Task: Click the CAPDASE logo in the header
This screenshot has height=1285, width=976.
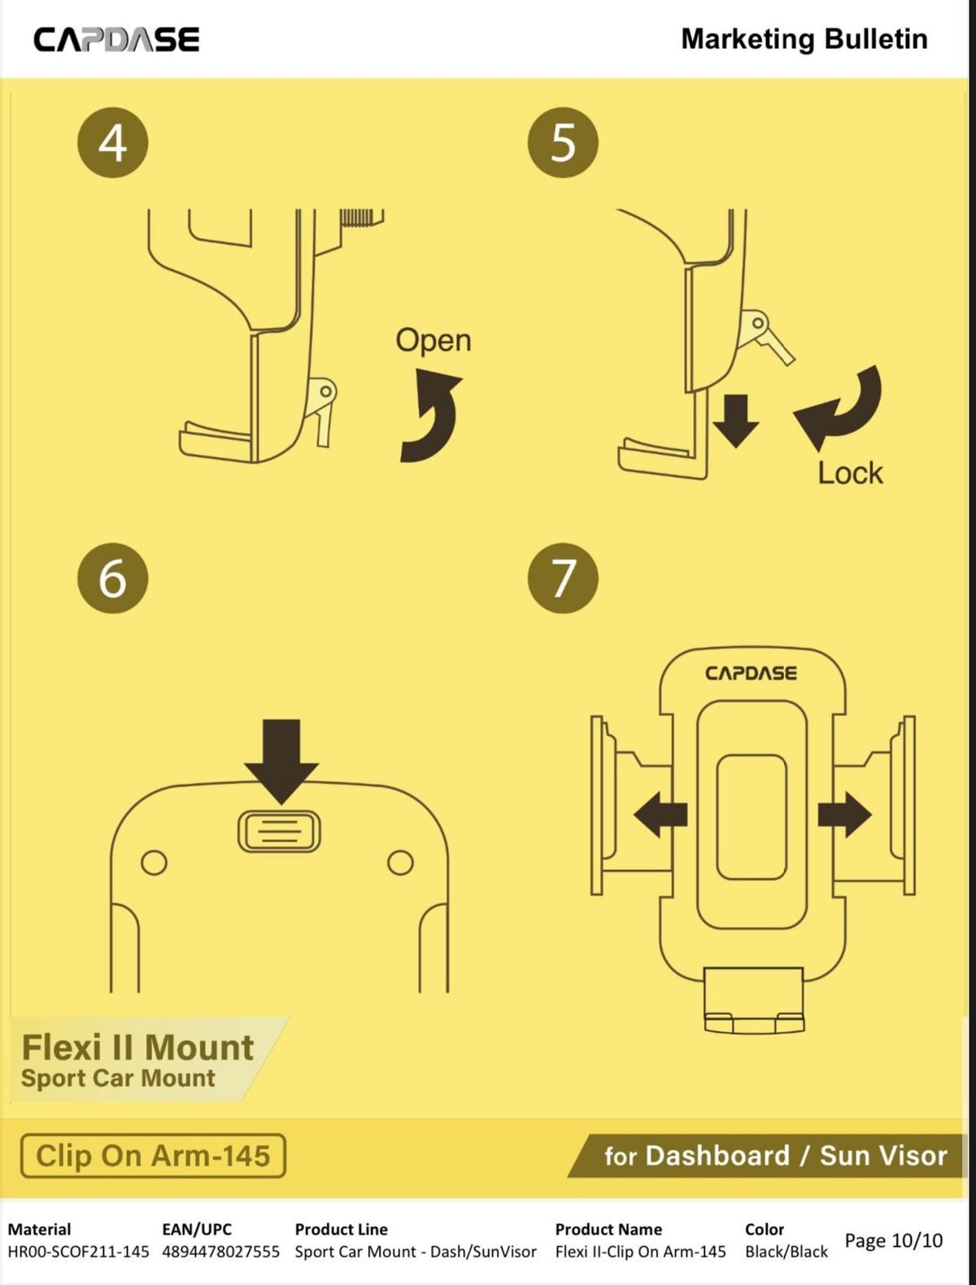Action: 116,40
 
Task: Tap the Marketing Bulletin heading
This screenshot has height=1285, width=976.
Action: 804,39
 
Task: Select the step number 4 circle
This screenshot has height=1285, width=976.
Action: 113,143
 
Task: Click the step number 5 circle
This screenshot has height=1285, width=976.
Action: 563,143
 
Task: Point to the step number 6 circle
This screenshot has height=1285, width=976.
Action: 113,578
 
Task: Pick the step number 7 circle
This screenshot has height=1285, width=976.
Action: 563,578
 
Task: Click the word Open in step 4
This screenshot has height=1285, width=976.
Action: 433,341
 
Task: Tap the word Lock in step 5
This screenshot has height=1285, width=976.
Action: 850,473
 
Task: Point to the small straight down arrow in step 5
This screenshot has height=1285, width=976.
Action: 735,421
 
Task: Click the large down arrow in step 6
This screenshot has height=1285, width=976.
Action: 281,762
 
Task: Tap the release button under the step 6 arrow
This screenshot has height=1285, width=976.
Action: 279,831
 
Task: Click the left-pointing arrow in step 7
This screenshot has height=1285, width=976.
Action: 660,815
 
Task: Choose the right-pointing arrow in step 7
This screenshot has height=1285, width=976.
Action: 845,815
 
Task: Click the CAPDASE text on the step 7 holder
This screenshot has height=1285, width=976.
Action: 751,673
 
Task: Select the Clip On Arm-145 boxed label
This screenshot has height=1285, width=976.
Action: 153,1156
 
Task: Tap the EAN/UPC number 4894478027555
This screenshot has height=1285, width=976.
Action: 220,1251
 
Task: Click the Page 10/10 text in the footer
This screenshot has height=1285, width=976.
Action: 894,1240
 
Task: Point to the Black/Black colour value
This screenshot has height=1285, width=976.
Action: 786,1251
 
